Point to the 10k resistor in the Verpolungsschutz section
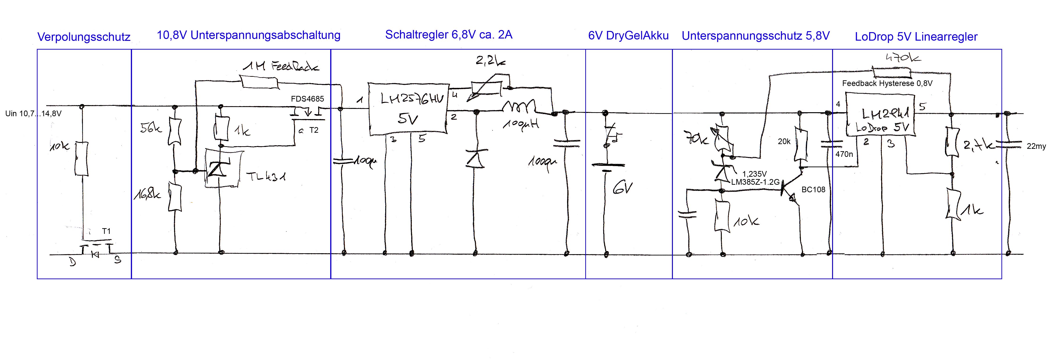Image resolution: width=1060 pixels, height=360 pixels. click(82, 159)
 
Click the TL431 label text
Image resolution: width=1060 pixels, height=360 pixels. click(265, 177)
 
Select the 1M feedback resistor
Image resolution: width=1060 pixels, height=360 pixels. click(259, 82)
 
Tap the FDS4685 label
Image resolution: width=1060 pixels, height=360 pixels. click(307, 99)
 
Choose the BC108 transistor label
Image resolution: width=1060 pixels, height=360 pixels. click(813, 190)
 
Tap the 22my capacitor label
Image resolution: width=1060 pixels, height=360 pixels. click(1036, 146)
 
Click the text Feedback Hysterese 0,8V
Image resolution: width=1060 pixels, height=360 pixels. click(887, 84)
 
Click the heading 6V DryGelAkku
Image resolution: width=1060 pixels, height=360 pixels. click(628, 36)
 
